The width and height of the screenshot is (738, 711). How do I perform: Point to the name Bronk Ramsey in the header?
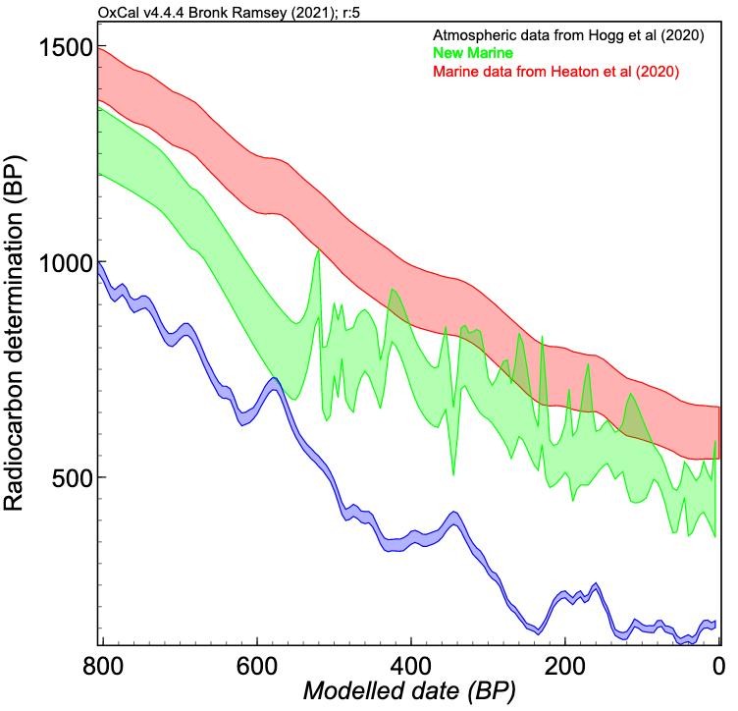pos(241,12)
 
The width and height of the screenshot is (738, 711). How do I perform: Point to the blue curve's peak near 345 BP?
pos(452,517)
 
